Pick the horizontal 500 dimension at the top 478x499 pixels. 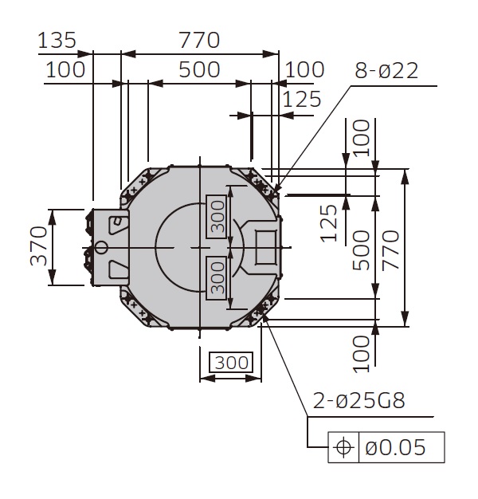(x=198, y=69)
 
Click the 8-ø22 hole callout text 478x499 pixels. (x=386, y=70)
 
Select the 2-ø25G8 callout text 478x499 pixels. (x=358, y=400)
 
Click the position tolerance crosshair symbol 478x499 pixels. (x=344, y=447)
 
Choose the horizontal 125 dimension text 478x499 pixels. (x=302, y=99)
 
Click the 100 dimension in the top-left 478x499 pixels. (x=65, y=69)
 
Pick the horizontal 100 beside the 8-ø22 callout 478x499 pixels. (x=304, y=69)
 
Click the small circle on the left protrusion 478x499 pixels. (x=101, y=247)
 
